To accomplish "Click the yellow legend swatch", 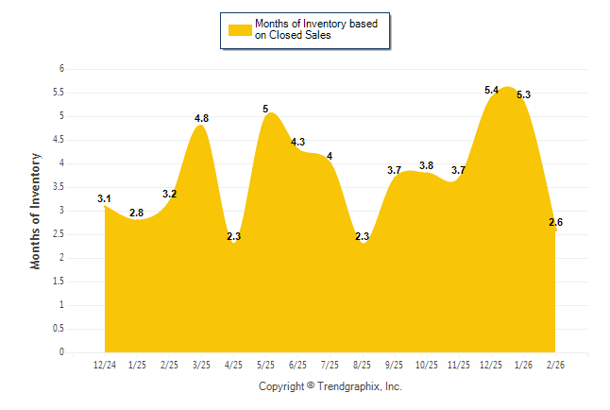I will click(240, 29).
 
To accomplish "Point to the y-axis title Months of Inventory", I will click(36, 211).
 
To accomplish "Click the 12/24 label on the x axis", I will click(104, 365).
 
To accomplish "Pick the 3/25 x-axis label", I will click(201, 365).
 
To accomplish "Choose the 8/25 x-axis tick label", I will click(362, 365).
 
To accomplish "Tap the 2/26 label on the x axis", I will click(555, 365).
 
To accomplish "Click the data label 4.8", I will click(201, 118).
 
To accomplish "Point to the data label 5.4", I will click(491, 90).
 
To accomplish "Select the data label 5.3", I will click(523, 94).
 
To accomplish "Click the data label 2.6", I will click(555, 222).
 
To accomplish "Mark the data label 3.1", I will click(104, 198).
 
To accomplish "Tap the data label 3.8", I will click(426, 165).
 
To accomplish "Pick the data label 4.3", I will click(297, 142).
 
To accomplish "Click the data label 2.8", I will click(136, 213).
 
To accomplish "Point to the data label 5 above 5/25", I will click(265, 109).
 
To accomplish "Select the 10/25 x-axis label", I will click(426, 365).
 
